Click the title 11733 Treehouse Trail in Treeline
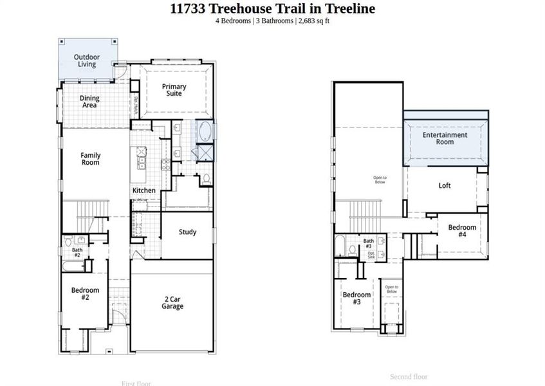[272, 8]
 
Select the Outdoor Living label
[87, 60]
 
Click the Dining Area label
[89, 102]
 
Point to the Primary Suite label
[174, 90]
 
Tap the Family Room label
[90, 159]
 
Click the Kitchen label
[143, 190]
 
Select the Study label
[187, 232]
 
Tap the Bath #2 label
[77, 252]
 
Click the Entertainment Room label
[445, 138]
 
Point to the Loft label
[445, 186]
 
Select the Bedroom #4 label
[462, 231]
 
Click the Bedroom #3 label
[356, 299]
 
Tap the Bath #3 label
[369, 243]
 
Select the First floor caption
[136, 383]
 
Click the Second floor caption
[409, 376]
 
